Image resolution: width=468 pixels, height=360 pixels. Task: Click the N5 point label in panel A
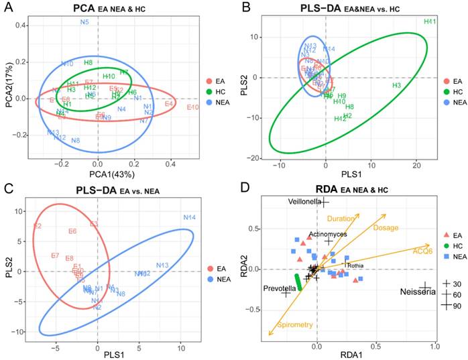point(84,23)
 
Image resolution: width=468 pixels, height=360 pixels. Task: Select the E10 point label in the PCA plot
point(193,107)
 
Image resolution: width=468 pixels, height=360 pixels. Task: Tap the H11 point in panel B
point(430,22)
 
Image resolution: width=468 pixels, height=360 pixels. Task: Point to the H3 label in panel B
point(396,86)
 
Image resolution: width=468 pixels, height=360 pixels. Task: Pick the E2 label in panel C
point(38,226)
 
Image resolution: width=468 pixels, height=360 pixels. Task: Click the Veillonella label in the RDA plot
point(305,201)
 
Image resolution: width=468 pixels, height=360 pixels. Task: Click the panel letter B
point(247,8)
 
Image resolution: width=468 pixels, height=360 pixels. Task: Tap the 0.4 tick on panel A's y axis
point(21,26)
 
